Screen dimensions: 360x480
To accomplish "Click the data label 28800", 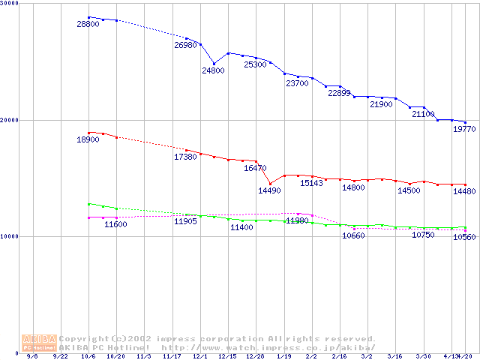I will click(x=88, y=25).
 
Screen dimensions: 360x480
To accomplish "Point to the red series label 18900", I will click(x=88, y=139).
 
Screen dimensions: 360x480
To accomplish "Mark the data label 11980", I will click(x=297, y=220).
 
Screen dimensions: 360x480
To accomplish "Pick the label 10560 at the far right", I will click(x=465, y=237).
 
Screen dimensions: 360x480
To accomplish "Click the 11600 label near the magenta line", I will click(x=115, y=224).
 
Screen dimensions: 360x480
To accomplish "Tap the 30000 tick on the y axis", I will click(x=10, y=4).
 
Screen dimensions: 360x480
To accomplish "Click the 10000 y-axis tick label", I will click(x=10, y=236).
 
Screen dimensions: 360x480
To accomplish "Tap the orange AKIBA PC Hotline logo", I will click(x=38, y=343).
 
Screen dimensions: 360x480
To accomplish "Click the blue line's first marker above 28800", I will click(x=88, y=17).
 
